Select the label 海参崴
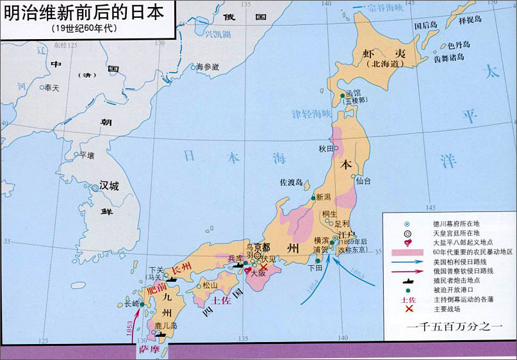point(208,67)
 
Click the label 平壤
point(86,155)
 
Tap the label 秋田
point(327,149)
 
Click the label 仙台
point(363,181)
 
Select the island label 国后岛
point(425,26)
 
